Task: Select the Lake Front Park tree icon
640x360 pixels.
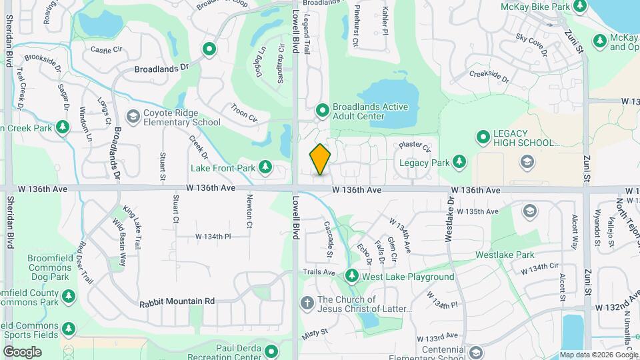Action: click(265, 167)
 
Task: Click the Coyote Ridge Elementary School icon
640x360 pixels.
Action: click(133, 117)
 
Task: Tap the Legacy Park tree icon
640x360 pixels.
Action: click(459, 161)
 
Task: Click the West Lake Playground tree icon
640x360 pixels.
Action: click(351, 276)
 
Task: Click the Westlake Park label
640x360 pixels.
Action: click(505, 255)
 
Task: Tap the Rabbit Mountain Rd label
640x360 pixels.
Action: click(177, 301)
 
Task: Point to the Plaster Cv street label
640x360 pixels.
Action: click(415, 145)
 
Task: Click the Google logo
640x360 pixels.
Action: click(22, 351)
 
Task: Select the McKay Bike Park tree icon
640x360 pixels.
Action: click(580, 6)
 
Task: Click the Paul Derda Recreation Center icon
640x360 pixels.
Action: click(271, 351)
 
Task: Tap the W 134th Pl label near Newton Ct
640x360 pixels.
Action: click(213, 237)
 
